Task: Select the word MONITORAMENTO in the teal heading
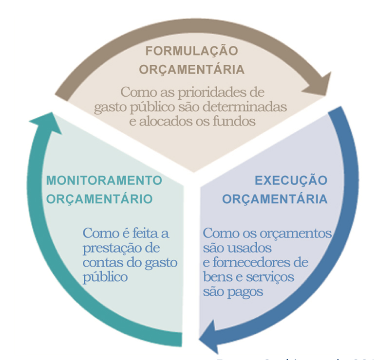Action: click(104, 180)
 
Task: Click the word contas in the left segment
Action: click(99, 263)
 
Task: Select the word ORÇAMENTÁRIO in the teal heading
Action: click(99, 199)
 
